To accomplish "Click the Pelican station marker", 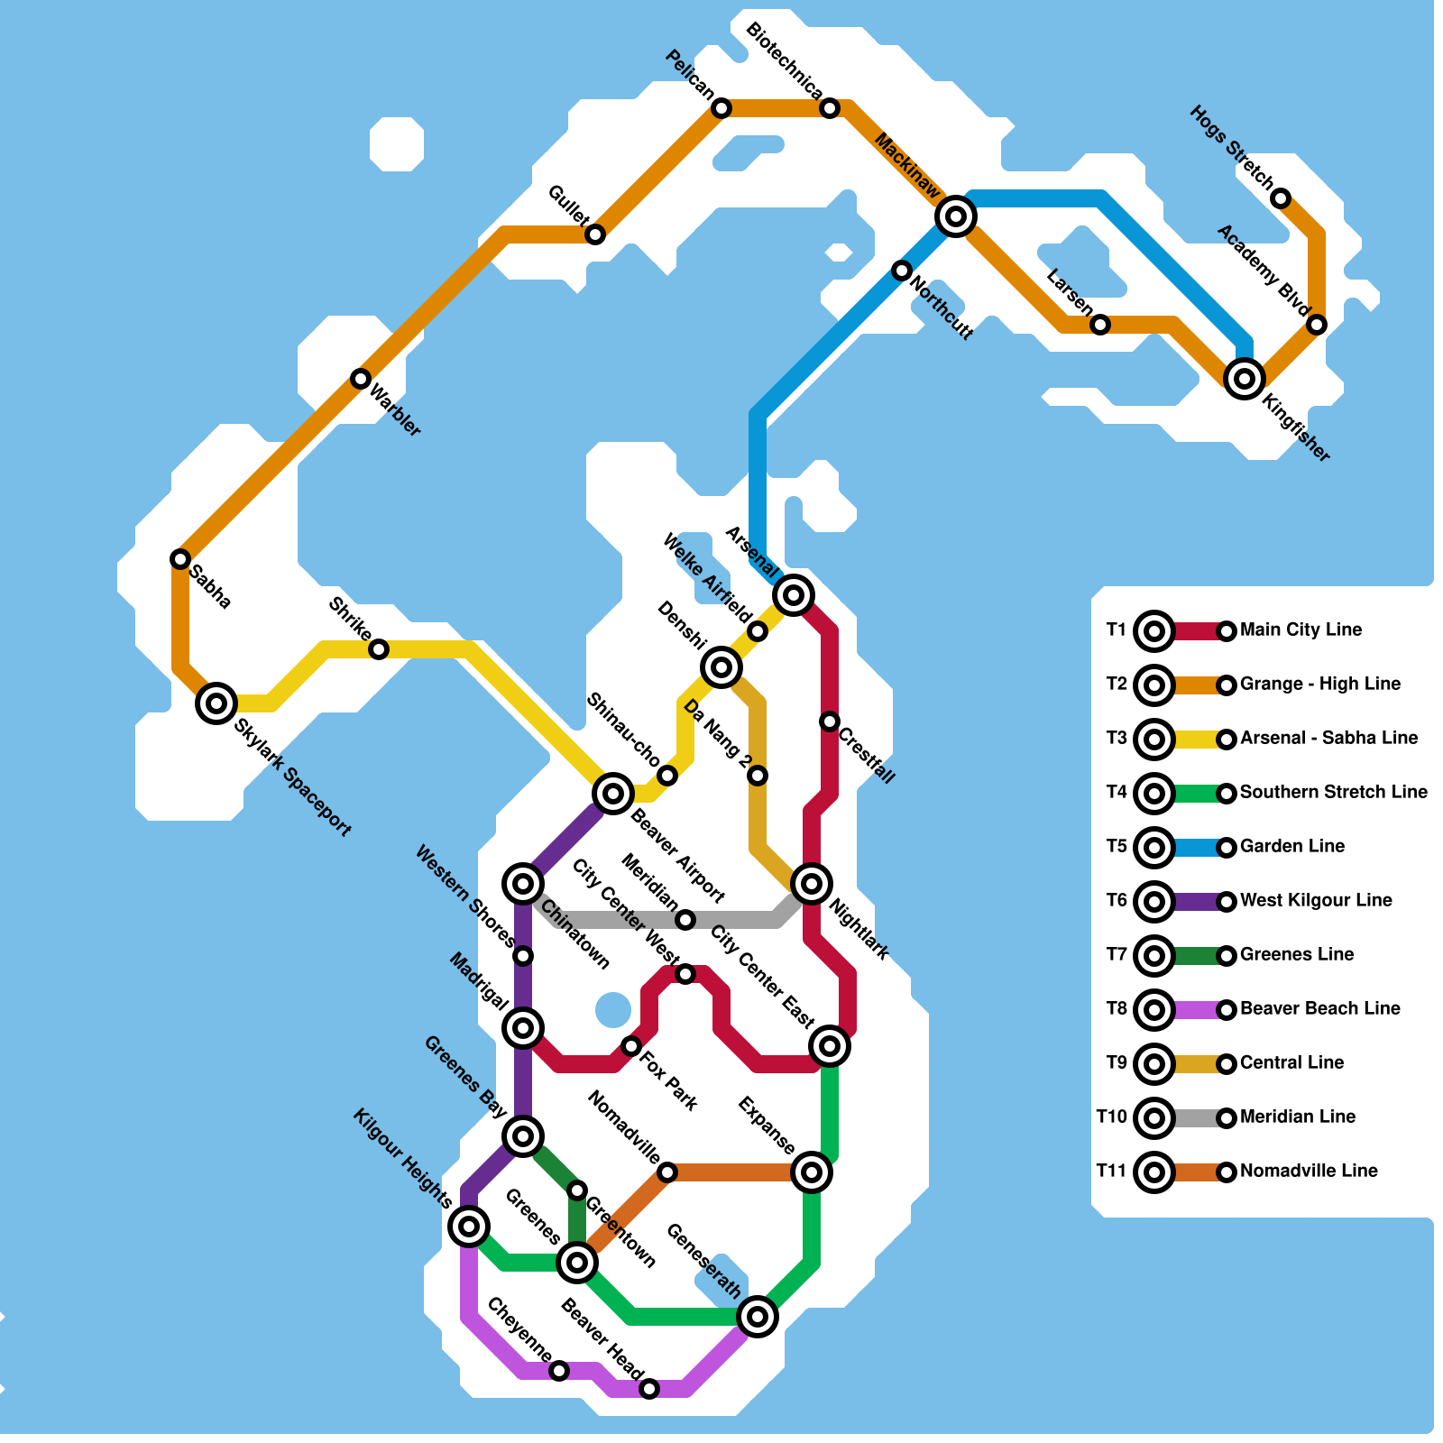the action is [x=721, y=108].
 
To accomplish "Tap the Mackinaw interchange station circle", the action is [x=956, y=216].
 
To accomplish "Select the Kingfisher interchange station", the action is [x=1245, y=379].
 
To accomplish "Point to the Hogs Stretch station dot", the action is [x=1281, y=198].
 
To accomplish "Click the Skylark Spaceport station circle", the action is [x=216, y=703].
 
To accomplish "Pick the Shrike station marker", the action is [x=380, y=649].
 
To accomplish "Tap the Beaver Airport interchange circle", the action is [x=613, y=794].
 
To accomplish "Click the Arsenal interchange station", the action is [x=794, y=595].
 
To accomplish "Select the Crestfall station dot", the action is [x=830, y=721].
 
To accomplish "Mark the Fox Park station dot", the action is [x=631, y=1046].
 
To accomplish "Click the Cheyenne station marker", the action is [x=559, y=1371].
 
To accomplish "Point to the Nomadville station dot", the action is [x=667, y=1172].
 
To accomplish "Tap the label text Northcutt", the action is [x=942, y=308].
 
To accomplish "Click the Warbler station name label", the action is [x=395, y=411].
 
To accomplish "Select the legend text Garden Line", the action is [x=1292, y=846].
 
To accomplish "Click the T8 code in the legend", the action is [x=1117, y=1008].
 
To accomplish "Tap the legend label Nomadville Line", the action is [x=1309, y=1171].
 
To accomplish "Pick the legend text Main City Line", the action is [x=1301, y=630].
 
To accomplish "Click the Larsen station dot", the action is [x=1100, y=325].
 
